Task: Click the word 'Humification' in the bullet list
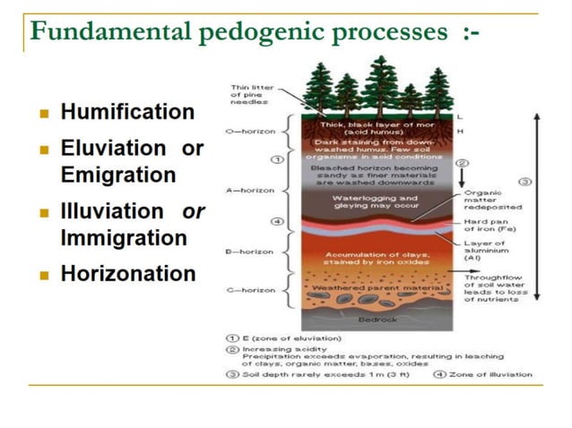point(126,113)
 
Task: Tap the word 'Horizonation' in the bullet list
point(127,274)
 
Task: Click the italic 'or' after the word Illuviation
point(193,212)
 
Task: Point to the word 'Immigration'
point(124,238)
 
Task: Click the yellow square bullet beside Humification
point(44,115)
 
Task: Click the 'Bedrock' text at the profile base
point(372,319)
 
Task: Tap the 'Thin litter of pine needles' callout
point(252,94)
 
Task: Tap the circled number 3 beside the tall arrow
point(526,182)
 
